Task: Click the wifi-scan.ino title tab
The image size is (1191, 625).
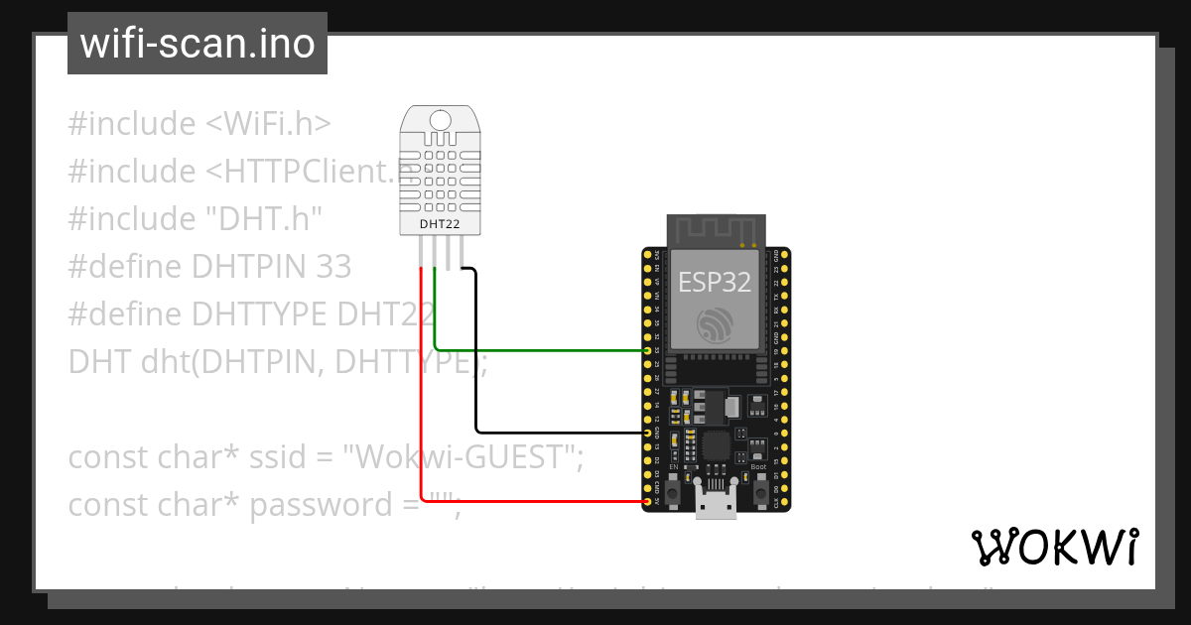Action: [x=197, y=44]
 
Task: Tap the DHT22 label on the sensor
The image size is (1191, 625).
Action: [x=439, y=224]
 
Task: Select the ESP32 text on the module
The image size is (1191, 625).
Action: [x=714, y=282]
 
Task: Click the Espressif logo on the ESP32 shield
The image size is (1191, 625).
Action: [x=714, y=325]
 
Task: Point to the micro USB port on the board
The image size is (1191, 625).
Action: [x=715, y=505]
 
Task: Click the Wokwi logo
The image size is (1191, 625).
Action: [x=1054, y=547]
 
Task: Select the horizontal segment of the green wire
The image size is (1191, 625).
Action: [x=541, y=349]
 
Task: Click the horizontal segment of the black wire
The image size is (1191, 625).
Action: [x=561, y=433]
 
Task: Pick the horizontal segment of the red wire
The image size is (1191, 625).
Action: [x=531, y=502]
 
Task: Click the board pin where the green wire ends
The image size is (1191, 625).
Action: [x=647, y=350]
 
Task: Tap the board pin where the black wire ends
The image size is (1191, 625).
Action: [x=647, y=434]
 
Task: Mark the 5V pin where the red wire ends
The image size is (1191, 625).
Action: [x=647, y=502]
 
